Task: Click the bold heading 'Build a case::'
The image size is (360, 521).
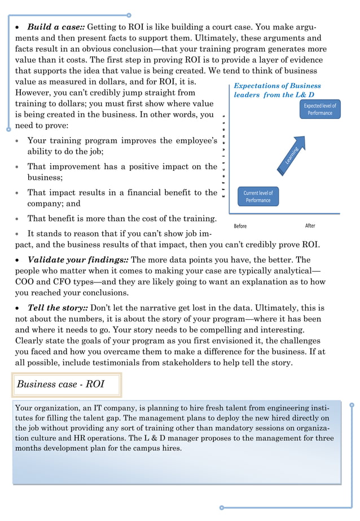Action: (x=56, y=27)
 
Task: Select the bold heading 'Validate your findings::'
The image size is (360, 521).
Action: (x=78, y=260)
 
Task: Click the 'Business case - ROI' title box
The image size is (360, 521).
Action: (x=60, y=385)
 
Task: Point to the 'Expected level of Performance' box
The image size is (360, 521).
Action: (x=319, y=109)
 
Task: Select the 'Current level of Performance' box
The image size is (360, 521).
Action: (x=258, y=196)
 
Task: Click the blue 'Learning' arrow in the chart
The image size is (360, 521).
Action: (x=292, y=153)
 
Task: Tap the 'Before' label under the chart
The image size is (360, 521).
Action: (x=240, y=226)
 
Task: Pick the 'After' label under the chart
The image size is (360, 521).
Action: (x=310, y=226)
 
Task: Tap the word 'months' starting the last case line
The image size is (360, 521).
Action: (x=30, y=448)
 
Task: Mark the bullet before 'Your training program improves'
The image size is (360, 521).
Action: (x=19, y=141)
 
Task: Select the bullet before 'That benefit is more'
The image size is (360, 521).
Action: (x=19, y=219)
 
